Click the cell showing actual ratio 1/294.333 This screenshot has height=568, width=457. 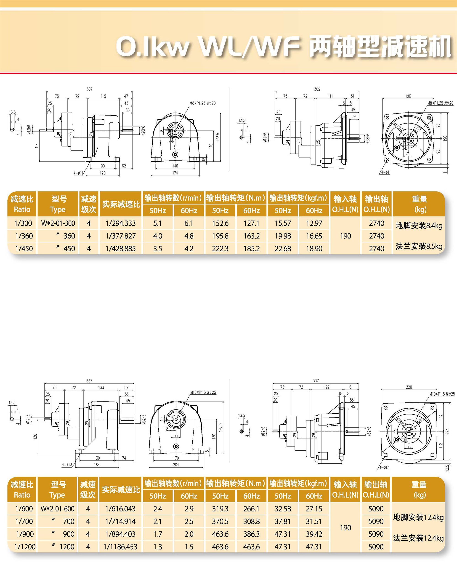(x=121, y=223)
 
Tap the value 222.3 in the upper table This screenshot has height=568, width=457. (x=220, y=249)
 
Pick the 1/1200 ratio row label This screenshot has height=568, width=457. (x=25, y=547)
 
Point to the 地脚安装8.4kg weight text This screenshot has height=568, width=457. (x=419, y=226)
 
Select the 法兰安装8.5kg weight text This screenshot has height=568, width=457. (x=419, y=246)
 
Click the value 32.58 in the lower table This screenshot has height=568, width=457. (x=283, y=509)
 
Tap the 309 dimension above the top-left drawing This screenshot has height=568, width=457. (x=90, y=89)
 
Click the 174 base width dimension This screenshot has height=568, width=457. (x=175, y=173)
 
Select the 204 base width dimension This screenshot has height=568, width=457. (x=176, y=465)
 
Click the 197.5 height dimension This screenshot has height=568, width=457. (x=221, y=427)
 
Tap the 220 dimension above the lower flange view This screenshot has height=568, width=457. (x=409, y=387)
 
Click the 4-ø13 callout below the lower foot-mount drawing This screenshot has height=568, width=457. (x=67, y=465)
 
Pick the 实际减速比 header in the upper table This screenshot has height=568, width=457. (x=121, y=204)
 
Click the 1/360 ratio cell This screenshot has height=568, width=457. (x=24, y=236)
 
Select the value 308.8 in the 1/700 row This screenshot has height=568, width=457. (x=251, y=521)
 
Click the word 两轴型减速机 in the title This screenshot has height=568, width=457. (x=380, y=47)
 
